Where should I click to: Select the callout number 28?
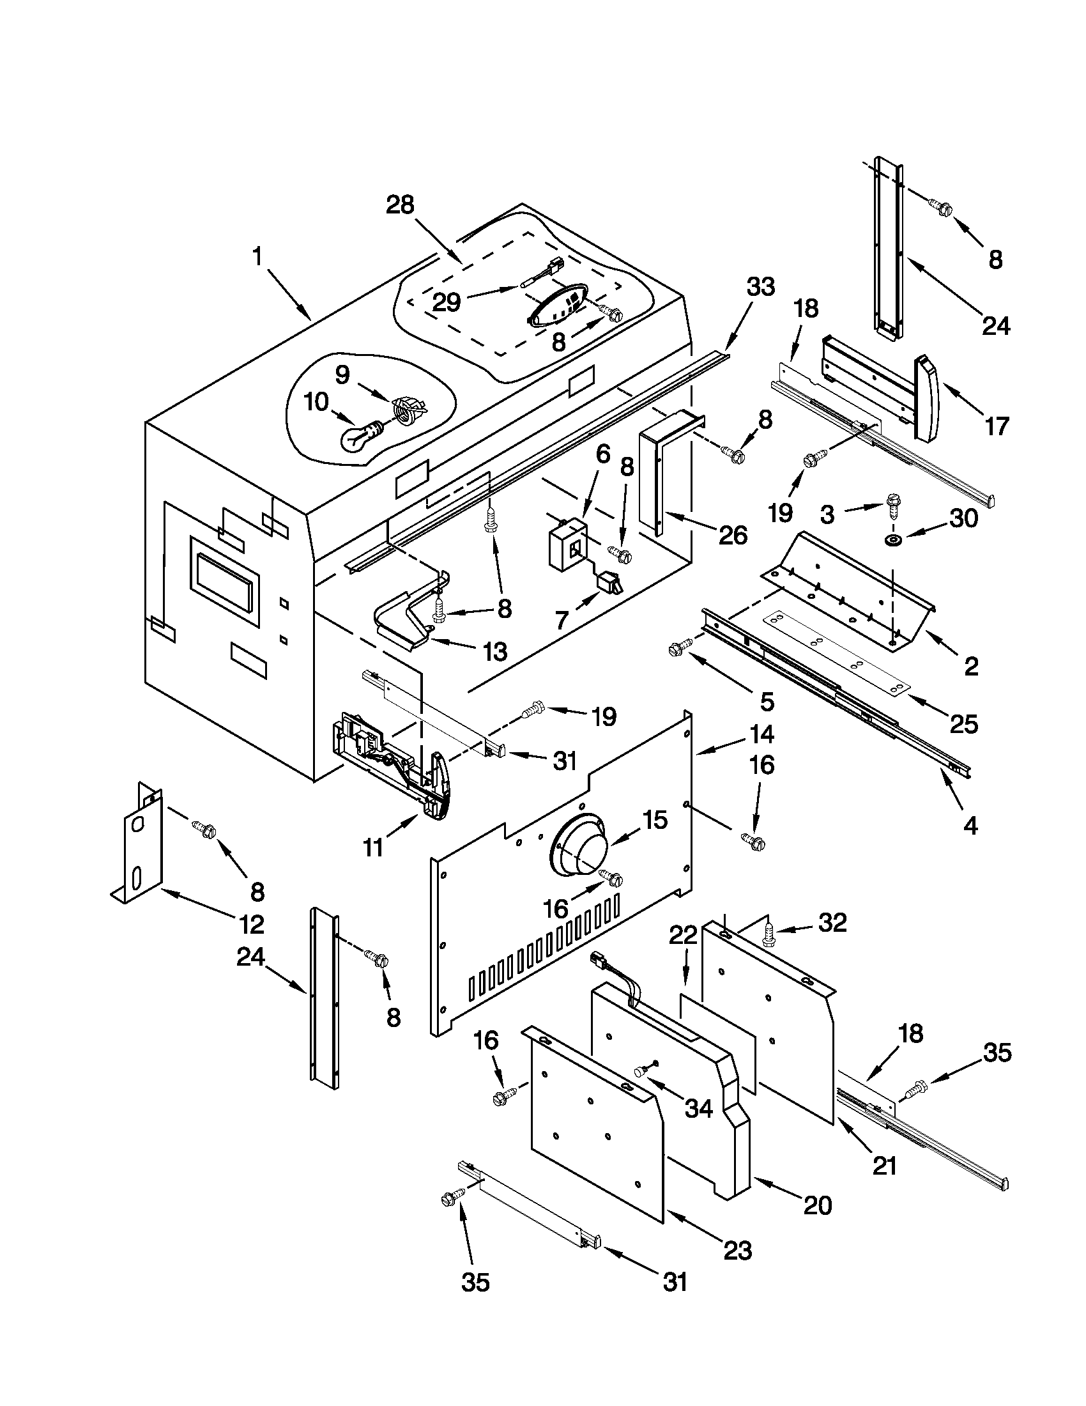pos(399,205)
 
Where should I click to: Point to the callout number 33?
pos(760,286)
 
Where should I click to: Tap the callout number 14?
pos(760,734)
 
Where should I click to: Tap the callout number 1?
pos(257,257)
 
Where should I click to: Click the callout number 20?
pos(818,1205)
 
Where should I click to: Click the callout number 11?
pos(373,847)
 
